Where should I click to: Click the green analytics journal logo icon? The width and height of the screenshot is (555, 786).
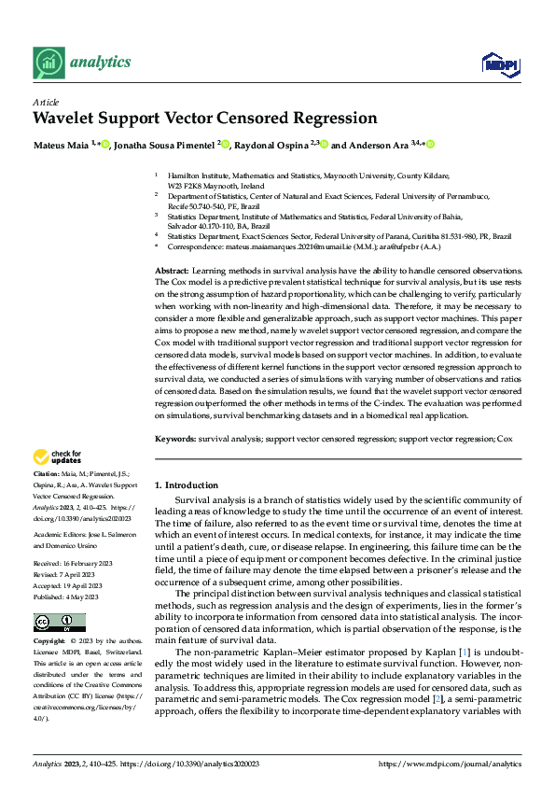[48, 63]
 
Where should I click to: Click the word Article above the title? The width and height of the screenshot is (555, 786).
[45, 102]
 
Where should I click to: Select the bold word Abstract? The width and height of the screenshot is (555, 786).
[173, 269]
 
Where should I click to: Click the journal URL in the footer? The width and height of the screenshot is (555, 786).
[451, 765]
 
